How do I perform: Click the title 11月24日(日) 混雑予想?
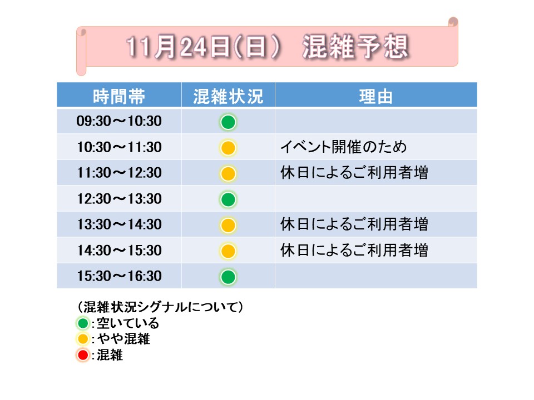pos(268,46)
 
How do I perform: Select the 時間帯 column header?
pos(119,96)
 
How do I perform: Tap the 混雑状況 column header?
pos(228,96)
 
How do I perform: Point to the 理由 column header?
pos(375,96)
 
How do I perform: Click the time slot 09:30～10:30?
pos(119,121)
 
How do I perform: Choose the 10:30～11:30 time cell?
pos(119,147)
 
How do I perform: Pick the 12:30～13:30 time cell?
pos(119,199)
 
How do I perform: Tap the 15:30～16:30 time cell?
pos(119,276)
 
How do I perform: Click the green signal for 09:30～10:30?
pos(228,122)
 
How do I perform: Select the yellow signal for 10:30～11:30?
pos(228,148)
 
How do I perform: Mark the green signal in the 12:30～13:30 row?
pos(228,199)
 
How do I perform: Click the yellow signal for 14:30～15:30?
pos(228,251)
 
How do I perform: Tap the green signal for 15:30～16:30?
pos(228,277)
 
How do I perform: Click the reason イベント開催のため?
pos(343,147)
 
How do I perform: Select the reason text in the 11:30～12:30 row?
pos(354,172)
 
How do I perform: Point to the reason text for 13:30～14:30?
pos(354,224)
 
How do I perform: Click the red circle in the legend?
pos(83,355)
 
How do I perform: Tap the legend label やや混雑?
pos(123,339)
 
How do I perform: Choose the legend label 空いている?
pos(128,323)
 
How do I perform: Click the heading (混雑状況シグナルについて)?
pos(160,307)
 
